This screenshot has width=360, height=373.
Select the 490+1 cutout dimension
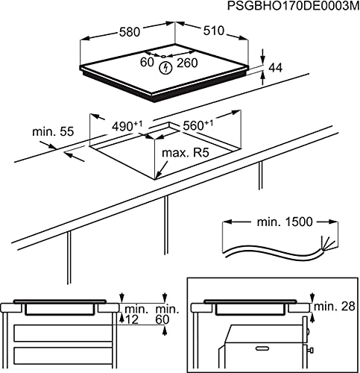click(128, 126)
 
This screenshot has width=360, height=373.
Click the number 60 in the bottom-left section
click(162, 320)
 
